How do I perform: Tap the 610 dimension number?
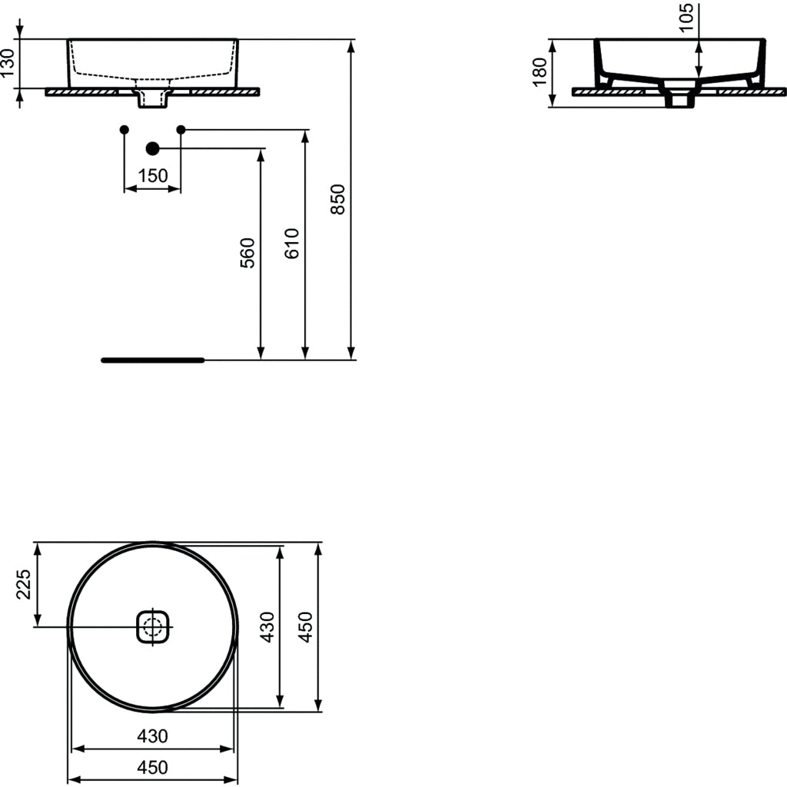point(292,244)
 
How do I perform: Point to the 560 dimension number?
point(247,254)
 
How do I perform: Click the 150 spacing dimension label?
point(152,176)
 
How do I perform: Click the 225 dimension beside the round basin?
point(23,585)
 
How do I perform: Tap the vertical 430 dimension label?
point(267,626)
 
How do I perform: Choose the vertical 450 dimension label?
point(306,626)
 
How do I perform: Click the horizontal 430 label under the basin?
point(152,736)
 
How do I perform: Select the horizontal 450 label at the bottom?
point(152,767)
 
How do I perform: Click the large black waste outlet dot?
point(152,148)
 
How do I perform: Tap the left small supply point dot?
point(124,129)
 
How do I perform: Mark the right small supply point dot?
point(181,129)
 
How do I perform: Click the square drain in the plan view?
point(152,627)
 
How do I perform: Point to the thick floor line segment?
point(152,360)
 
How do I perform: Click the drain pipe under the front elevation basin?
point(152,98)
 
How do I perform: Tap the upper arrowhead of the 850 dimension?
point(351,45)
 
